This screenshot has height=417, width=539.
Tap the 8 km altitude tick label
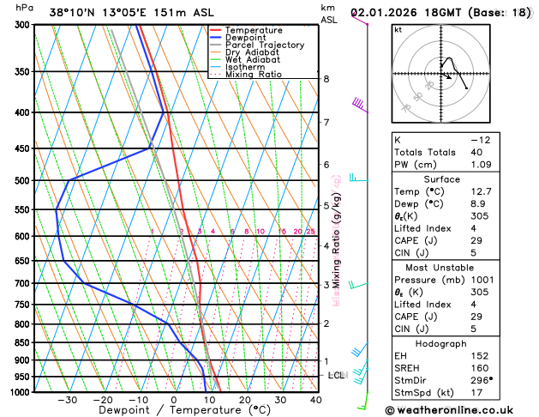[x=326, y=79]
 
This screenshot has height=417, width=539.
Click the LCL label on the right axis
[x=337, y=376]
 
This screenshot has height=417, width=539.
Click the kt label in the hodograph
[x=398, y=29]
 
